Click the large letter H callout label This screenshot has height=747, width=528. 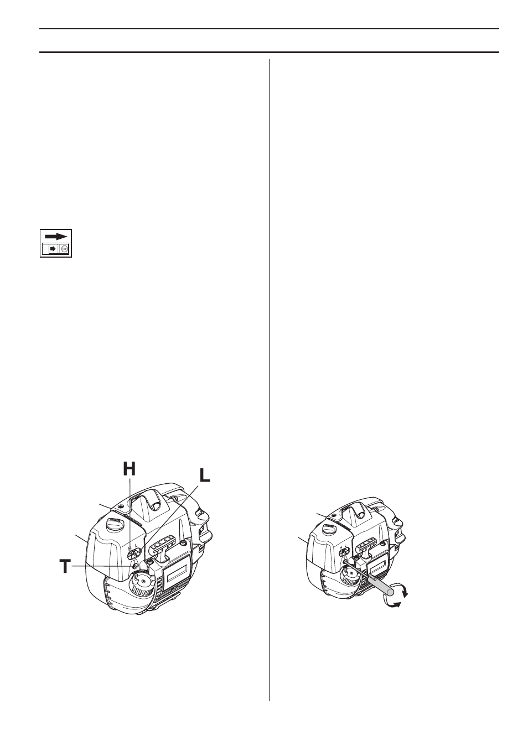point(130,468)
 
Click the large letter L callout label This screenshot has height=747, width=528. point(205,477)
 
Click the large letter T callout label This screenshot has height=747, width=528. point(65,566)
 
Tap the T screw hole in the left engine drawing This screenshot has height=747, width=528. point(134,566)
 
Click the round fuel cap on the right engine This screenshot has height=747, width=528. point(329,528)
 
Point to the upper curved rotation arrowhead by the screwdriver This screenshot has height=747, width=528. point(405,593)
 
